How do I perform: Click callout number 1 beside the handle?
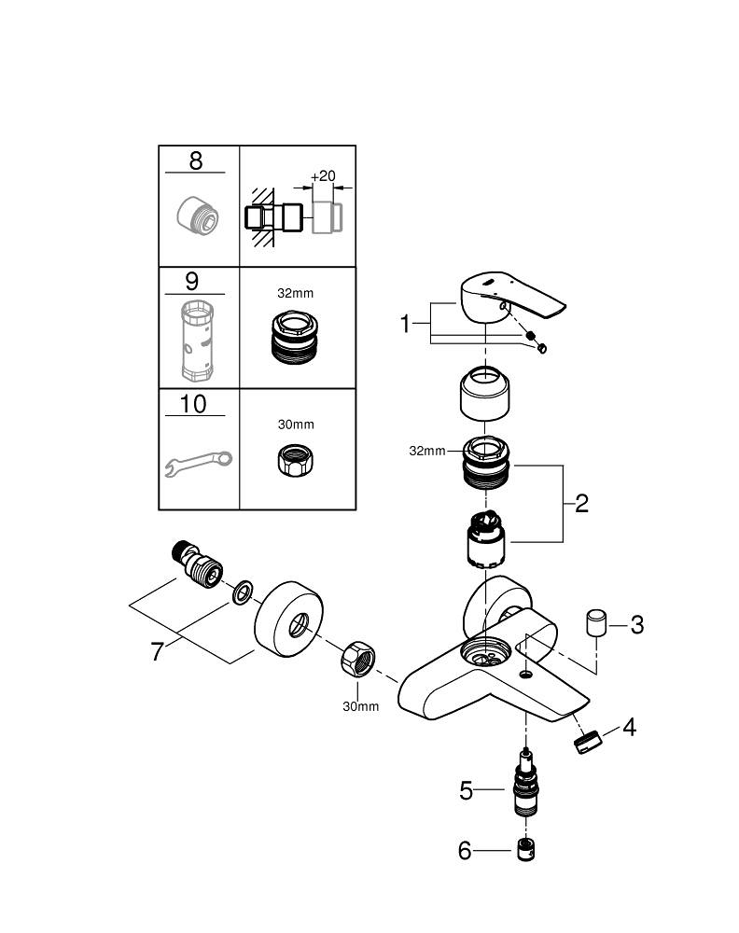[x=406, y=324]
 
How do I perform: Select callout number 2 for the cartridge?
[x=581, y=504]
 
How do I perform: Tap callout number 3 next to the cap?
[x=636, y=624]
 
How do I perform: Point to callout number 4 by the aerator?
[x=629, y=727]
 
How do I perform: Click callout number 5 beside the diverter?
[x=467, y=791]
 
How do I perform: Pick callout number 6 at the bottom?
[x=466, y=851]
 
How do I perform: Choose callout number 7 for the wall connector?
[x=158, y=650]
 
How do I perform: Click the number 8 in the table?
[x=195, y=160]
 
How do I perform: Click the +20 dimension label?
[x=323, y=176]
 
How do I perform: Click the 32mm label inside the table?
[x=296, y=293]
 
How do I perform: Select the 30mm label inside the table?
[x=296, y=424]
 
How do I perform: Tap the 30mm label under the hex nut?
[x=360, y=706]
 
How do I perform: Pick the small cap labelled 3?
[x=596, y=622]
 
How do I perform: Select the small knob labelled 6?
[x=525, y=850]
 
